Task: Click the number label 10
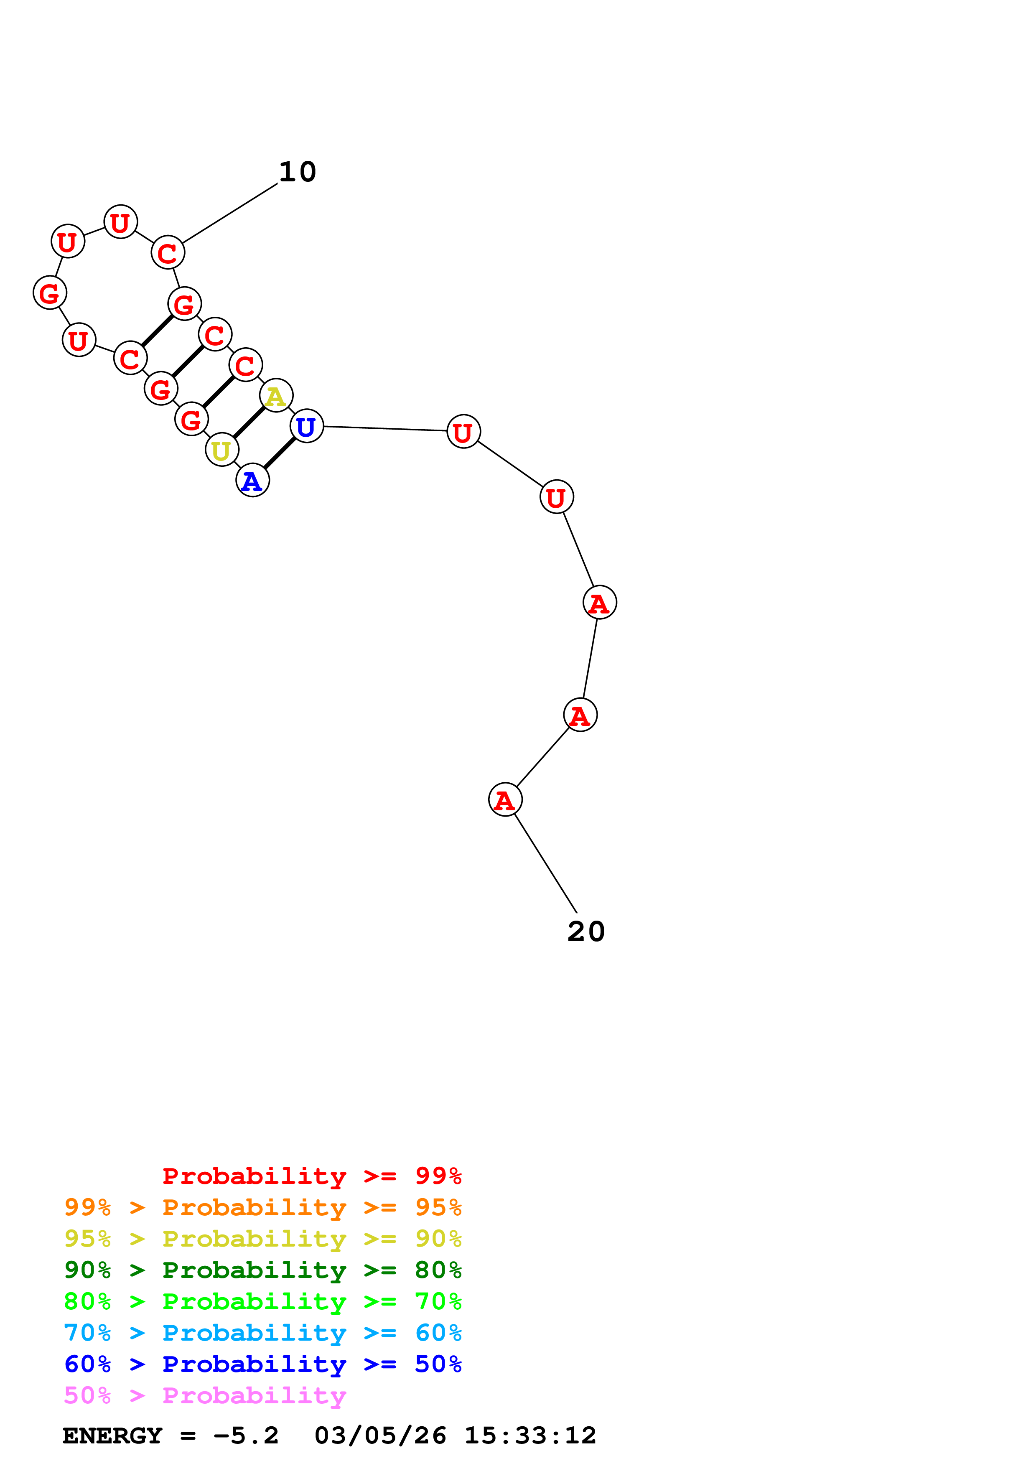click(298, 172)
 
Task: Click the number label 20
click(586, 932)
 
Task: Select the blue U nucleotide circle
click(306, 427)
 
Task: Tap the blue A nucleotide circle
click(253, 481)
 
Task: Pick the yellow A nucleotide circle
click(276, 396)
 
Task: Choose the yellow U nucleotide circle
click(221, 450)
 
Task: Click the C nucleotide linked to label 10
click(168, 253)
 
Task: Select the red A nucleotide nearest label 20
click(505, 799)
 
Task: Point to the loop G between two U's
click(50, 293)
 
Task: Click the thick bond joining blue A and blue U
click(280, 453)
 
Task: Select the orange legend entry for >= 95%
click(263, 1207)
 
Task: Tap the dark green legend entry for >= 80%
click(263, 1270)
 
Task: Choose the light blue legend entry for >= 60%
click(263, 1333)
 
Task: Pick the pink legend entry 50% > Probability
click(205, 1395)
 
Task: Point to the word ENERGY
click(112, 1435)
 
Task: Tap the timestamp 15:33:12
click(530, 1435)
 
